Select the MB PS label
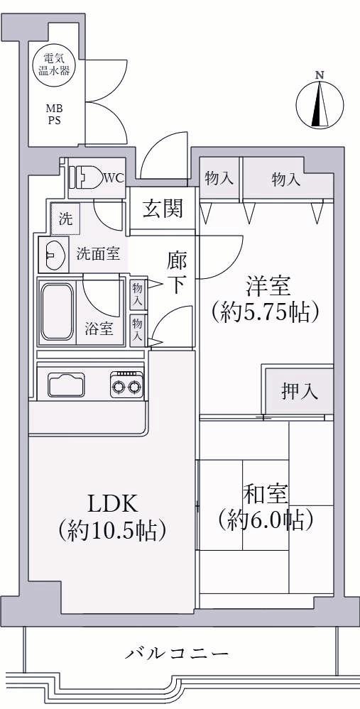(x=54, y=115)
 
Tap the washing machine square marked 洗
(x=65, y=219)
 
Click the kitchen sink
(x=66, y=385)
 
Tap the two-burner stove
(x=126, y=385)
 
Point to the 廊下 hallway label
(x=176, y=273)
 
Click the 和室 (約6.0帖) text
(x=266, y=507)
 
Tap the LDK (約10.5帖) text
(x=111, y=517)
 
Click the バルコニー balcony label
(x=177, y=653)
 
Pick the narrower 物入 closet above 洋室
(x=219, y=179)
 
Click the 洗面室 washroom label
(x=98, y=253)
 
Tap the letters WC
(x=113, y=178)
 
